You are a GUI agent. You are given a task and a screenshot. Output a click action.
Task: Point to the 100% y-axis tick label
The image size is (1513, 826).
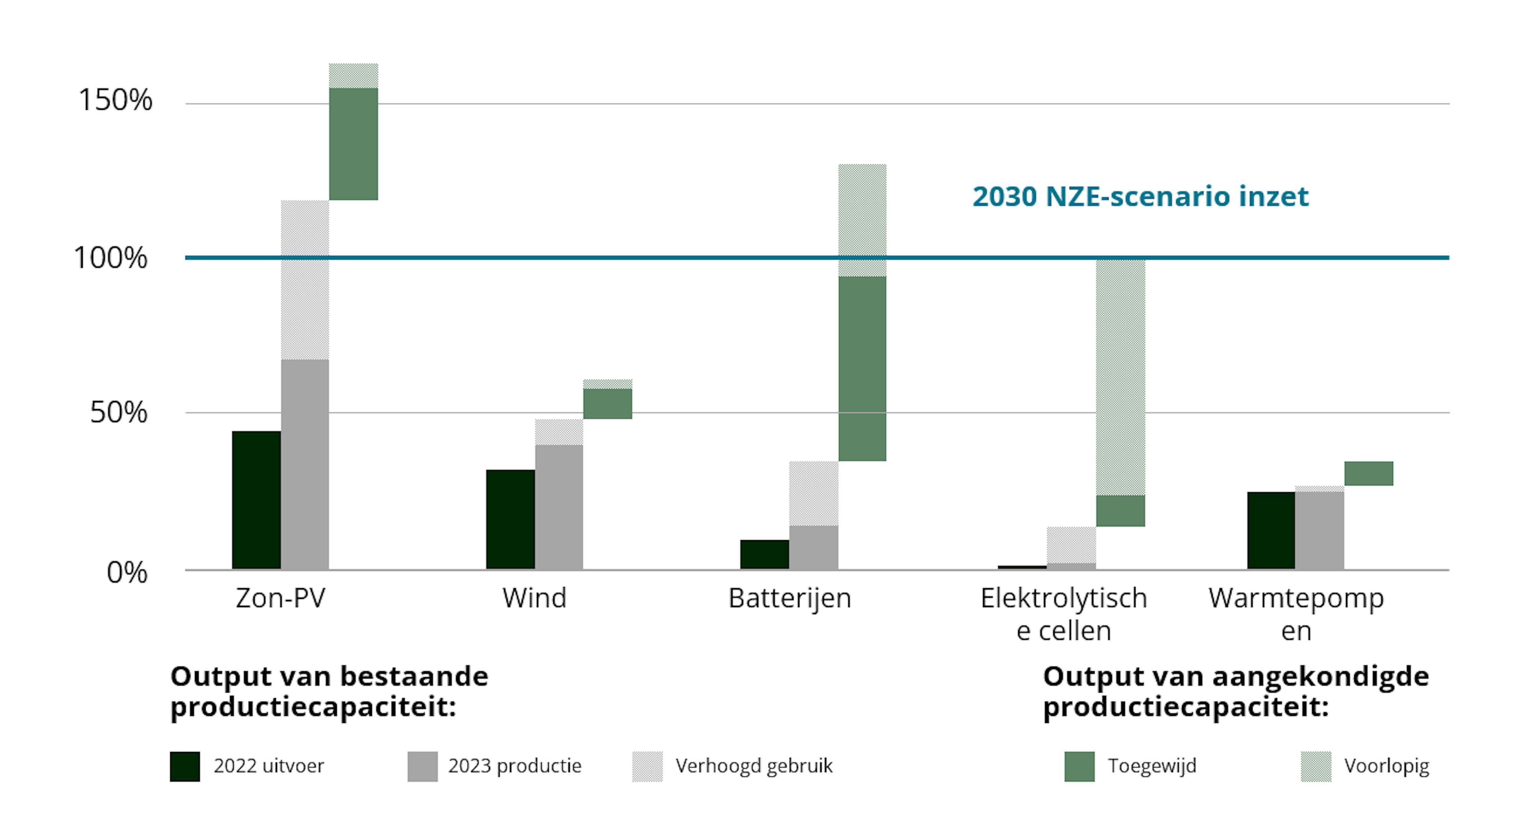[x=110, y=258]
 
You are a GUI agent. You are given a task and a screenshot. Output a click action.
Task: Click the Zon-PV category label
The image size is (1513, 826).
[x=280, y=598]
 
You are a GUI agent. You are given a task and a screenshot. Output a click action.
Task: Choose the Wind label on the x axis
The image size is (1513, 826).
[x=535, y=598]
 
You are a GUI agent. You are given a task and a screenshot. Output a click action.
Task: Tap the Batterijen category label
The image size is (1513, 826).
[x=789, y=598]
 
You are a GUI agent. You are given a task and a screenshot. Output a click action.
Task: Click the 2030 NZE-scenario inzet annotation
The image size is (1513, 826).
[x=1140, y=196]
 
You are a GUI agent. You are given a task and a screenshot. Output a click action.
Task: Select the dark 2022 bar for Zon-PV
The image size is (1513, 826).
[x=256, y=500]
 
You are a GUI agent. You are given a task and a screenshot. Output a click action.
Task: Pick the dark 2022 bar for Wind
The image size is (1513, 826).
[x=510, y=520]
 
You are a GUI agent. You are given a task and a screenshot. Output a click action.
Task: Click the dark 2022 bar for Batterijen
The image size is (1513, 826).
[x=764, y=554]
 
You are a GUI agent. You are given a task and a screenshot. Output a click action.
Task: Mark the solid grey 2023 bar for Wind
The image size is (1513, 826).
[x=559, y=507]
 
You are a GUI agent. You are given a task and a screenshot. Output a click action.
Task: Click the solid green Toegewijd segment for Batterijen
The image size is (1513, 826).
[x=862, y=369]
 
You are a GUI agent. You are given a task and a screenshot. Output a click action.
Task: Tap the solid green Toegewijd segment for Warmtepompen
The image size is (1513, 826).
[x=1368, y=473]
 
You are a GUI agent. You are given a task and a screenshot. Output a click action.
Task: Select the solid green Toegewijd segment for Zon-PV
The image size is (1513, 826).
[x=353, y=144]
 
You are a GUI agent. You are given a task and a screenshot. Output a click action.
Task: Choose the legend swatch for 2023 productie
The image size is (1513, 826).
[x=422, y=766]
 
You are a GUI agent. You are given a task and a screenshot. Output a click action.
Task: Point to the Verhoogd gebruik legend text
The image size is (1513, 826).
[x=754, y=766]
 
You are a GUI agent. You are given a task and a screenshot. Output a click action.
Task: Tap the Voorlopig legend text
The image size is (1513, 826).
[x=1386, y=766]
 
